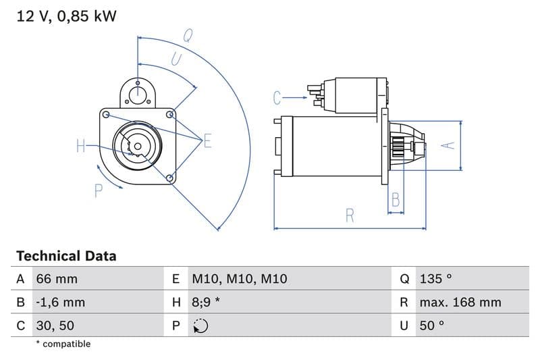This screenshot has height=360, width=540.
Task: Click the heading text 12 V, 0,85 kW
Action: coord(66,16)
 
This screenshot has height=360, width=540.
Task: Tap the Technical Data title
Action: coord(66,256)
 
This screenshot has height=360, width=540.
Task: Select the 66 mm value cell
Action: coord(57,279)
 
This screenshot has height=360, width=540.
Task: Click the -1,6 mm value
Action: coord(61,302)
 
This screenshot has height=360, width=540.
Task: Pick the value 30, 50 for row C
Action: coord(55,326)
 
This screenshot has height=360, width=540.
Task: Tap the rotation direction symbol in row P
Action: coord(200,326)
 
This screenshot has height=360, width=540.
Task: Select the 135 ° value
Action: coord(435,279)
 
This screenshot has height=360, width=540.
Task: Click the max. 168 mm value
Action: coord(460,302)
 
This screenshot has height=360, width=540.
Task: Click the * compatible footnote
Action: coord(63,344)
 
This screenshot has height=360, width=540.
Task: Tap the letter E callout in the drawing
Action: coord(207,140)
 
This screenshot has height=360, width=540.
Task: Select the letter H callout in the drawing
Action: coord(80,145)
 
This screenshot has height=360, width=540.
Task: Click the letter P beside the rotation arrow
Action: coord(98,191)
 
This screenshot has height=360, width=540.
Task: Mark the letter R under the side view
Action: coord(350,215)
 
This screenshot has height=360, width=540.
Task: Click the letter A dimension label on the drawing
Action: coord(445,145)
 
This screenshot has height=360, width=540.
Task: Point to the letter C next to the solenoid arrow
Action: coord(277,98)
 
